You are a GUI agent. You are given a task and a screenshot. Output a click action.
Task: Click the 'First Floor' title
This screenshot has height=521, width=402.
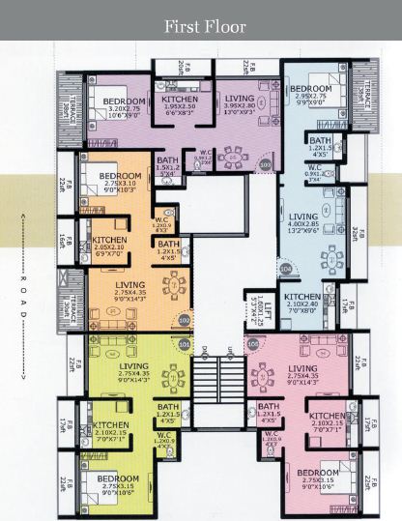(205, 26)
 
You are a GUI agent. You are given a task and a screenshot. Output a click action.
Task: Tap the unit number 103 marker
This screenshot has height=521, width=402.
(266, 166)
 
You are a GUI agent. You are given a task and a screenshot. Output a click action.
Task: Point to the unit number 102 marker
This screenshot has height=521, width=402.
(185, 320)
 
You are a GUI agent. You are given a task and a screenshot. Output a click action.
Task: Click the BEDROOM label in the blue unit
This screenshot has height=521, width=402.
(311, 89)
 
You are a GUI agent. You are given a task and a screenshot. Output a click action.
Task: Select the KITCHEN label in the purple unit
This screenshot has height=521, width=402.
(181, 100)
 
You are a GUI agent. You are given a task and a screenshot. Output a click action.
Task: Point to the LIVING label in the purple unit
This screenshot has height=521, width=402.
(240, 98)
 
